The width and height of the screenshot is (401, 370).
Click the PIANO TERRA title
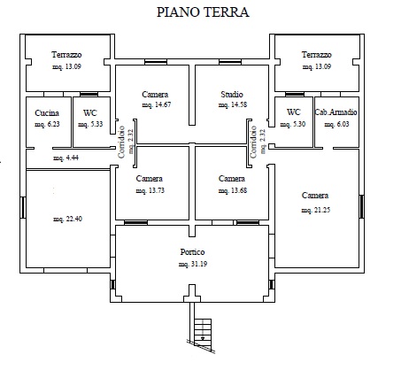203,12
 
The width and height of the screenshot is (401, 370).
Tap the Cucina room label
47,112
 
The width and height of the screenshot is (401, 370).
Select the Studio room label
232,95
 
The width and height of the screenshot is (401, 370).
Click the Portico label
192,252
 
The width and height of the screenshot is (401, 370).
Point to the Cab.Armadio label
336,112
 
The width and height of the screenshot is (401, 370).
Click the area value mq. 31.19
193,264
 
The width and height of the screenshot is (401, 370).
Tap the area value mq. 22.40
67,219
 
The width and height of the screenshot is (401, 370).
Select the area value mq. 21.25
316,210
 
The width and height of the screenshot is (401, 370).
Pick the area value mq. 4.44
66,158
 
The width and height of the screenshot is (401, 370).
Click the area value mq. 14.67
157,104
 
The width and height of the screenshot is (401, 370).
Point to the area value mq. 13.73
150,190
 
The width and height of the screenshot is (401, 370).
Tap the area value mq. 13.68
233,190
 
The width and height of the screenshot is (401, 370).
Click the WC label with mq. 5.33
90,113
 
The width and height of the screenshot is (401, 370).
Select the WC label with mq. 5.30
294,112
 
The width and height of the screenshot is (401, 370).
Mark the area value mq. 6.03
336,124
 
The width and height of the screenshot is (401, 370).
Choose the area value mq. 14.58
233,104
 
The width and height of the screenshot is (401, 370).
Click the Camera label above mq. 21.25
315,196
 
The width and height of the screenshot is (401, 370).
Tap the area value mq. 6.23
47,124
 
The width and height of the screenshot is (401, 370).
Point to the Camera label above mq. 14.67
155,95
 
